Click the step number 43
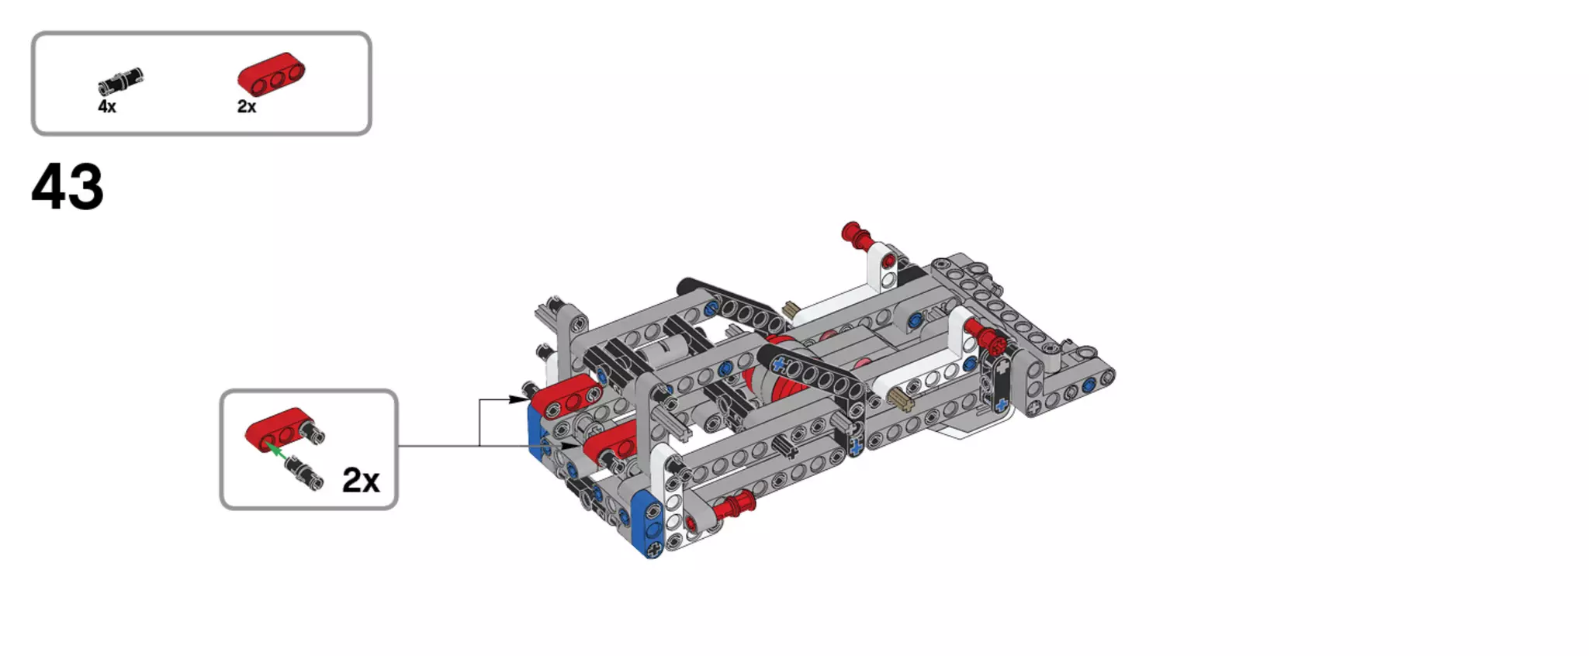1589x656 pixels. point(68,187)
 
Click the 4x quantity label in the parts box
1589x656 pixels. point(107,106)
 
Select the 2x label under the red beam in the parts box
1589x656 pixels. point(247,106)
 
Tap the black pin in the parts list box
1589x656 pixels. point(121,81)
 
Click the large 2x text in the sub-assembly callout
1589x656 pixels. point(361,481)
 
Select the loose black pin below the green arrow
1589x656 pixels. point(303,471)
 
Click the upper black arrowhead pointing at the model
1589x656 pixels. point(518,399)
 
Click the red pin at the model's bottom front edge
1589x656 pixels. point(734,506)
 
